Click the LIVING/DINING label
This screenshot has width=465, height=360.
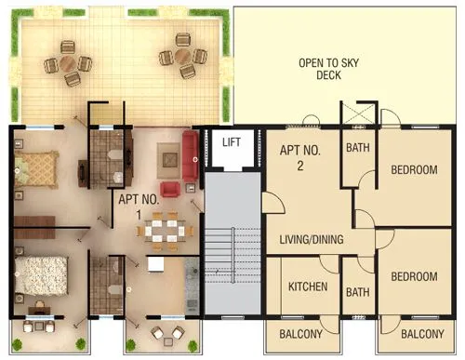click(312, 240)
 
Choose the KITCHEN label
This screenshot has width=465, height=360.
click(308, 287)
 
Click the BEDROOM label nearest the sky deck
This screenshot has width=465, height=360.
click(414, 169)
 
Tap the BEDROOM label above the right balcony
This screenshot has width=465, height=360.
click(414, 277)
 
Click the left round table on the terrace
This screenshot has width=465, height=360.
click(69, 62)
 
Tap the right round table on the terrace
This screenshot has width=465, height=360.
click(182, 56)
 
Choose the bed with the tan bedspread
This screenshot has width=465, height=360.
click(37, 167)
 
